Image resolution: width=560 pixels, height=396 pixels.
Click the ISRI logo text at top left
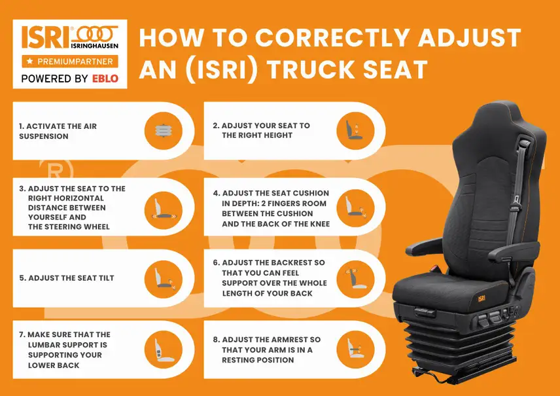(44, 39)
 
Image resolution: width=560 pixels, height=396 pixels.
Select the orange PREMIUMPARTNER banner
(70, 62)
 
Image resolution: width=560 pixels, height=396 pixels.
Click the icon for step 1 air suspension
(163, 131)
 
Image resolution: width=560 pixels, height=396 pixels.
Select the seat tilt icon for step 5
(163, 277)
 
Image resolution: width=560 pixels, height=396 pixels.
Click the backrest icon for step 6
(355, 277)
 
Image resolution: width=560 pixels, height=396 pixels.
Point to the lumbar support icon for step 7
(163, 350)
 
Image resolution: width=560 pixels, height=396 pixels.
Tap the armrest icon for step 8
(355, 350)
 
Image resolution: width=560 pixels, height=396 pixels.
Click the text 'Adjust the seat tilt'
(66, 278)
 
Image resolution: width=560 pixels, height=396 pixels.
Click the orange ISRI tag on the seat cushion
(481, 298)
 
